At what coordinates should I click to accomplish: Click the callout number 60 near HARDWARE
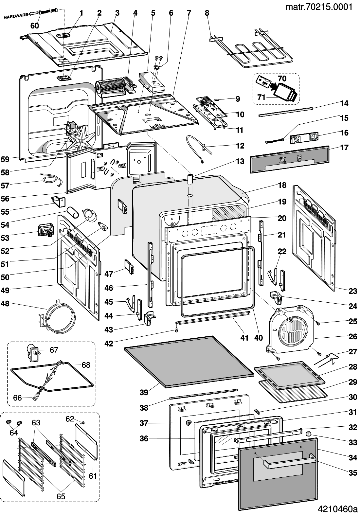coord(35,26)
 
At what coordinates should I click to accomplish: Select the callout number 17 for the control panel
coord(344,147)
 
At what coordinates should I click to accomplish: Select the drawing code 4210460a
coord(337,509)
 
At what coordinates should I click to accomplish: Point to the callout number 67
coord(54,350)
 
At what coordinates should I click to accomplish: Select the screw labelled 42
coord(176,331)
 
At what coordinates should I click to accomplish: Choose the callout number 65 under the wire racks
coord(61,496)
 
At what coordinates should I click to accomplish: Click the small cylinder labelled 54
coord(73,212)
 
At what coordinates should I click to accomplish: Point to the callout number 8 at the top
coord(207,13)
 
